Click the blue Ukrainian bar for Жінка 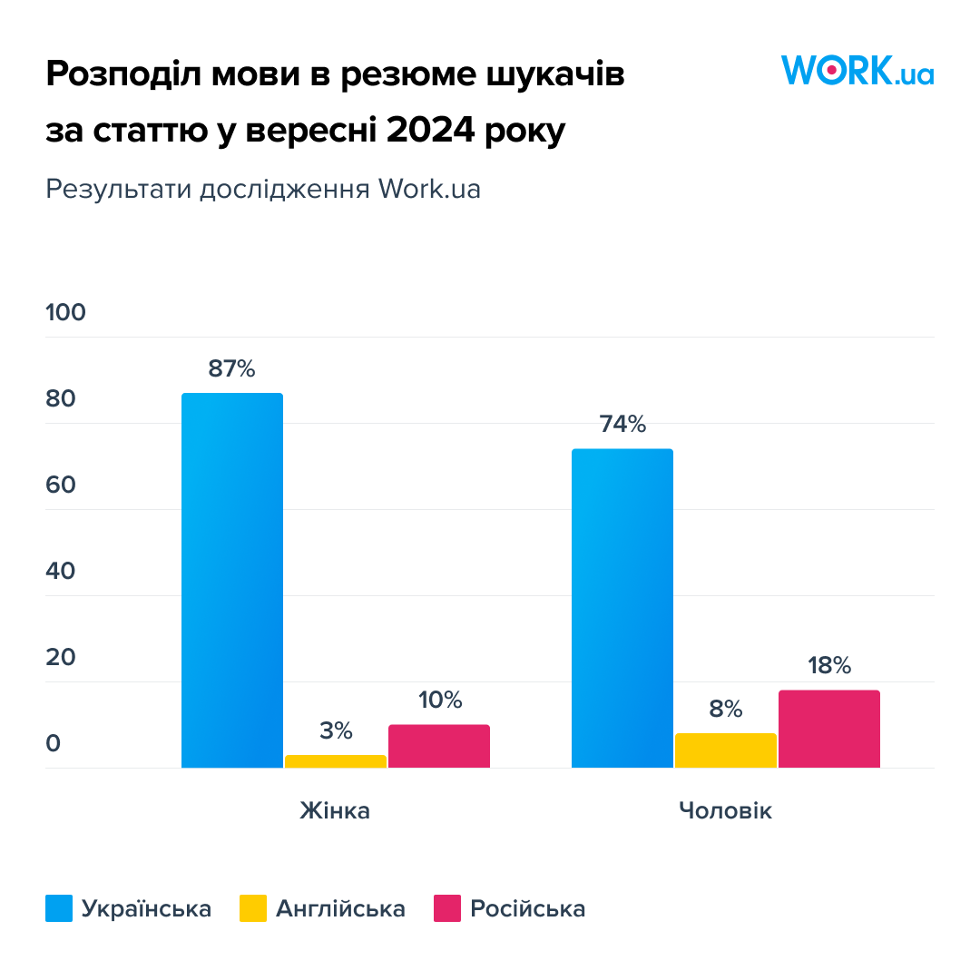point(232,580)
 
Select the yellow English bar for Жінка point(336,761)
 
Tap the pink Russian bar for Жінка point(439,746)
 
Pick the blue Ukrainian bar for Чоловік point(622,608)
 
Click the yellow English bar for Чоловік point(726,750)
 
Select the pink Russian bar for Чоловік point(829,729)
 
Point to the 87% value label point(232,368)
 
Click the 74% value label point(622,425)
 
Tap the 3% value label point(337,730)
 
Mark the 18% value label point(829,666)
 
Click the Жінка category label point(335,810)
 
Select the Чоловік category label point(726,810)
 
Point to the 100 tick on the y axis point(65,312)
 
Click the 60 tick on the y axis point(61,485)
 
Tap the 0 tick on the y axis point(54,743)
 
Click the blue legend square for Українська point(59,908)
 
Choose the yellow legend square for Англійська point(253,908)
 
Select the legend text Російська point(528,908)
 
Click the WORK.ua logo point(857,70)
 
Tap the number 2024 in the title point(431,130)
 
